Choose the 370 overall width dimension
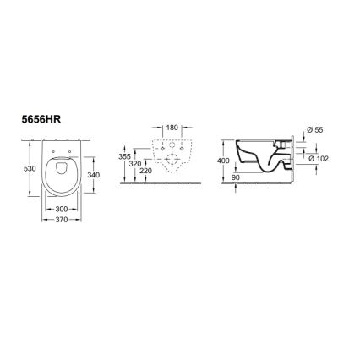63,218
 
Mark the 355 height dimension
125,157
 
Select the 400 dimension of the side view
224,161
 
